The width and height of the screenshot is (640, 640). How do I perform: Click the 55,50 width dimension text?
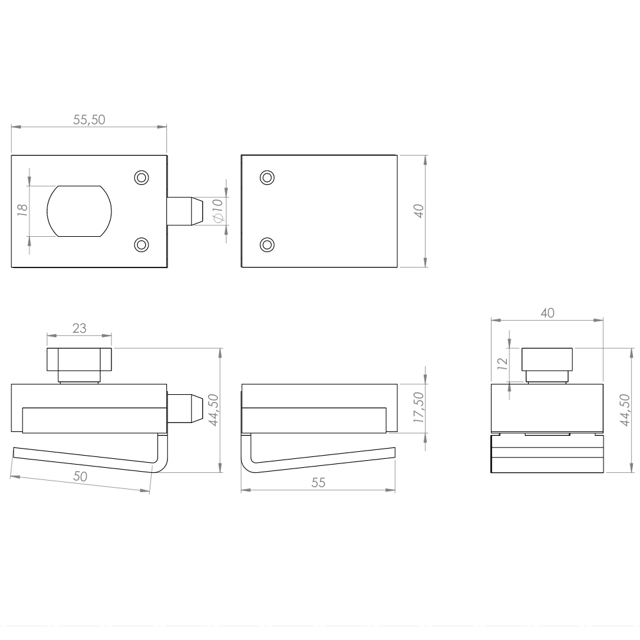(89, 120)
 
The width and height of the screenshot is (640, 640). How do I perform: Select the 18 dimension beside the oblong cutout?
(22, 210)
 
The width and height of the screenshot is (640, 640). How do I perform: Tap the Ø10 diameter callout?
(218, 211)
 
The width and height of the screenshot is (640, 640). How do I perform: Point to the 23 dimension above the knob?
(79, 328)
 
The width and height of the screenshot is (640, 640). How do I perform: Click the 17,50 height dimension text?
(419, 407)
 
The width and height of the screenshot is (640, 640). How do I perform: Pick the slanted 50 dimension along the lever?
(81, 476)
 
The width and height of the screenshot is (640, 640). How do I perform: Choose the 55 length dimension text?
(318, 483)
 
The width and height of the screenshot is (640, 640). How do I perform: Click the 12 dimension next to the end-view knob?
(502, 364)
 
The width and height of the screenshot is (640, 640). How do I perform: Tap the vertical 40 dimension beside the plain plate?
(419, 211)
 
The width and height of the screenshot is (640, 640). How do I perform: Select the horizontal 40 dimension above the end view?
(547, 313)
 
